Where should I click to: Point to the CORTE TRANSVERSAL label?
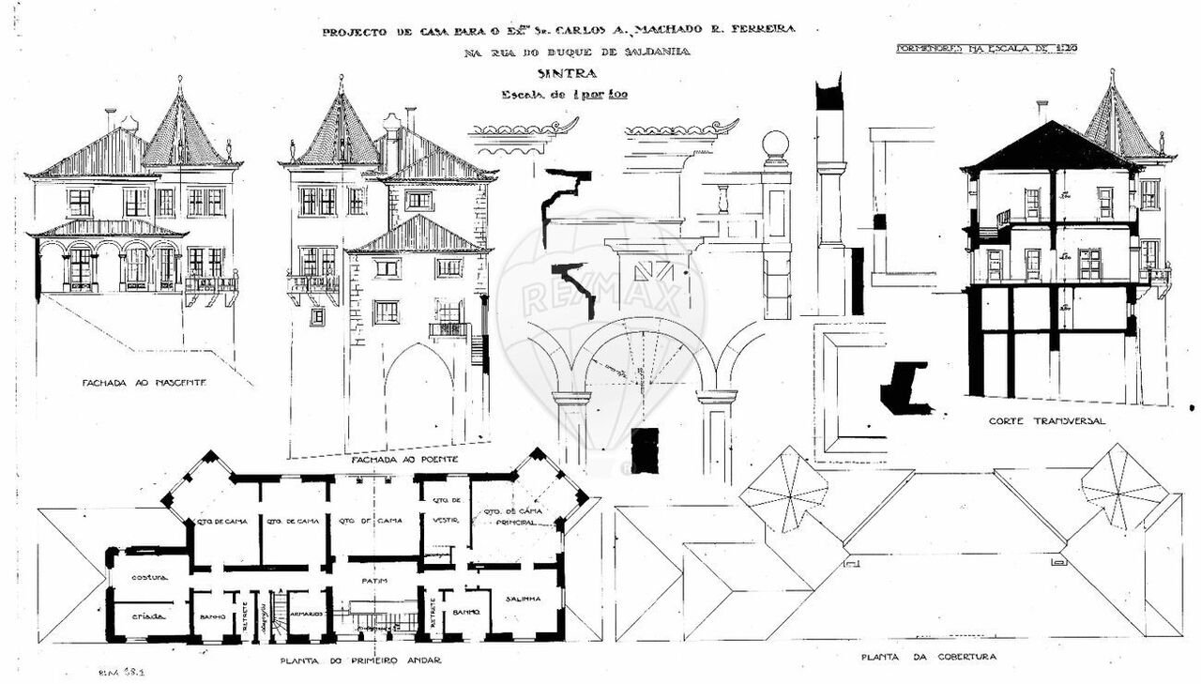click(x=1046, y=420)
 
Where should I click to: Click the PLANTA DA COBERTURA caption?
click(x=929, y=657)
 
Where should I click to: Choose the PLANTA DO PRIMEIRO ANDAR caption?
click(x=360, y=660)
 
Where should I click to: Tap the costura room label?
click(x=148, y=576)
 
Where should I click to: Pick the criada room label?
click(x=148, y=616)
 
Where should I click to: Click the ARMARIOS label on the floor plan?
click(x=306, y=613)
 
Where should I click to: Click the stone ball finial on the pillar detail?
click(x=775, y=144)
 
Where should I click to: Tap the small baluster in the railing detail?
click(x=722, y=198)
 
